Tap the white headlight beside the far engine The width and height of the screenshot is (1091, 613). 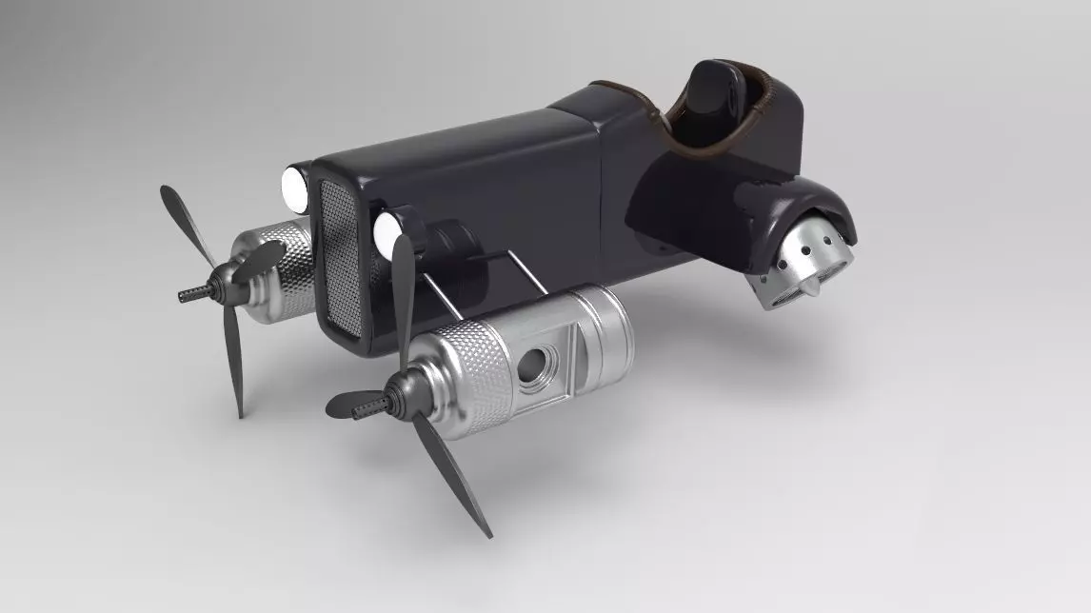294,188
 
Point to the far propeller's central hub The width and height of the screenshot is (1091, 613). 217,282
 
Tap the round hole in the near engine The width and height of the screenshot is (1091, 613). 539,363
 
